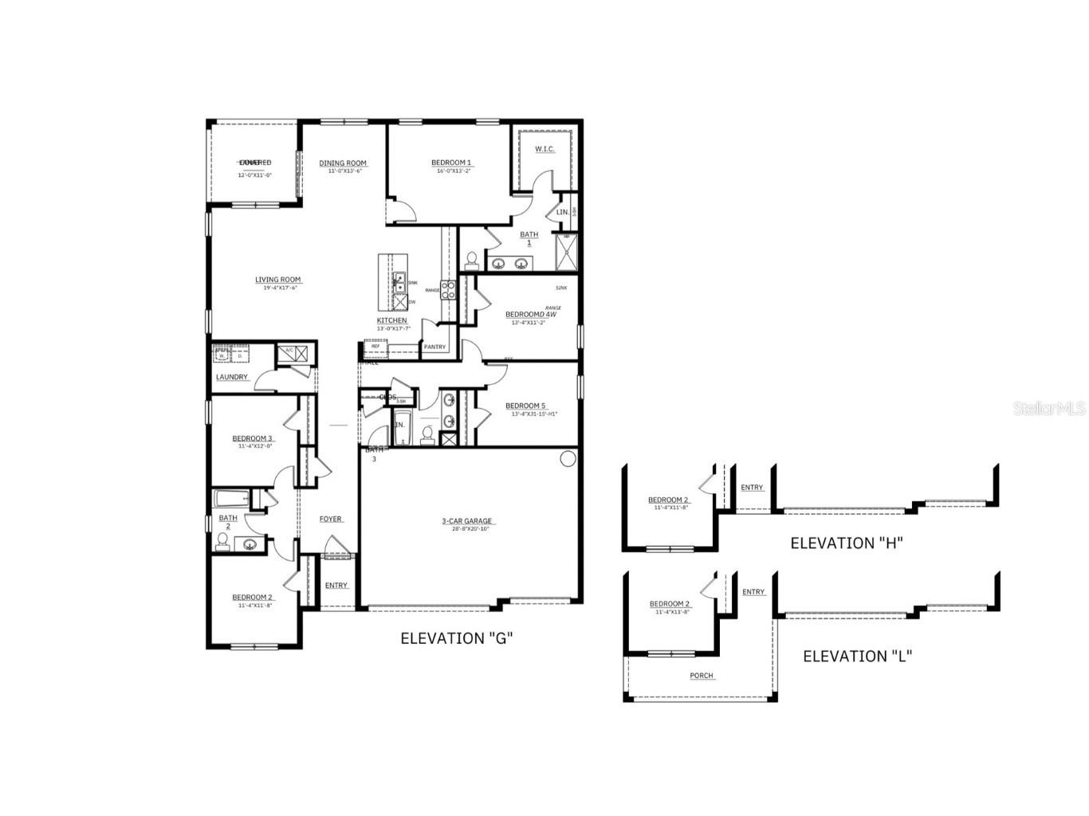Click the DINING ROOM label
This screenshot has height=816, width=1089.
[x=343, y=163]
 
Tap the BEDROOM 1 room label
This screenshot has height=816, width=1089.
[x=451, y=163]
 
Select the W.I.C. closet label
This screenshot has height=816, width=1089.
[x=544, y=150]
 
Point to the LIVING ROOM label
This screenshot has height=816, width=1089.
[x=277, y=280]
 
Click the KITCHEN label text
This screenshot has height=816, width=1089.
[x=391, y=320]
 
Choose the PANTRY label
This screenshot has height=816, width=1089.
[x=434, y=347]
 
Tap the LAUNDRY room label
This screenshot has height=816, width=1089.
[x=231, y=377]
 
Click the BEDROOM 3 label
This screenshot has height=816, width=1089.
[x=253, y=438]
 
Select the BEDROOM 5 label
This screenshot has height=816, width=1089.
[x=525, y=406]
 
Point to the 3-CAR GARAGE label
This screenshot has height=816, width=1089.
[x=467, y=521]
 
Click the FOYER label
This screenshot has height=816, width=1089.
[x=331, y=519]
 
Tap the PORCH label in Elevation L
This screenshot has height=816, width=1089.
[x=702, y=676]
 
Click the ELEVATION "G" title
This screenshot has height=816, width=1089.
[x=456, y=638]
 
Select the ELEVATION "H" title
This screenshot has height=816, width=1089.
[x=846, y=543]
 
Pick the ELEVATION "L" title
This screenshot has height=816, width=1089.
[x=857, y=657]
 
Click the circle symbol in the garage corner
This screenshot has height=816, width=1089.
[x=568, y=458]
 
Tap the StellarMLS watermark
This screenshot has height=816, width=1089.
[x=1048, y=408]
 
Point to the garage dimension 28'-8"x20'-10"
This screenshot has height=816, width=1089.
[x=470, y=529]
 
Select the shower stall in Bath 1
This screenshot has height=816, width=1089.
[x=566, y=252]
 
